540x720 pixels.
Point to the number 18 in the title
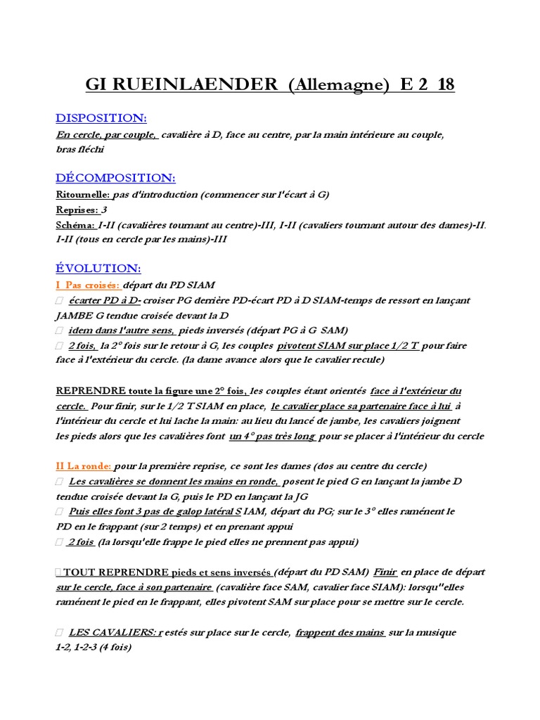pos(445,85)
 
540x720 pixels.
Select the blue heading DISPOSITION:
pos(101,118)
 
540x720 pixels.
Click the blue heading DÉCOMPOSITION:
pos(115,179)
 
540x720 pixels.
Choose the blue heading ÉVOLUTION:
pos(98,269)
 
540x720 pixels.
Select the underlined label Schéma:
pos(76,225)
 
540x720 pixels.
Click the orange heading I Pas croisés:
pos(88,285)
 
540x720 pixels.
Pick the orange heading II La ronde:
pos(84,466)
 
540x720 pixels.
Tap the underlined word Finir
pos(385,572)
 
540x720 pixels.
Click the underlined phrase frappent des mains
pos(340,633)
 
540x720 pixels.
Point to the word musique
pos(434,633)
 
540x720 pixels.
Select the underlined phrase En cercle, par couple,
pos(107,134)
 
